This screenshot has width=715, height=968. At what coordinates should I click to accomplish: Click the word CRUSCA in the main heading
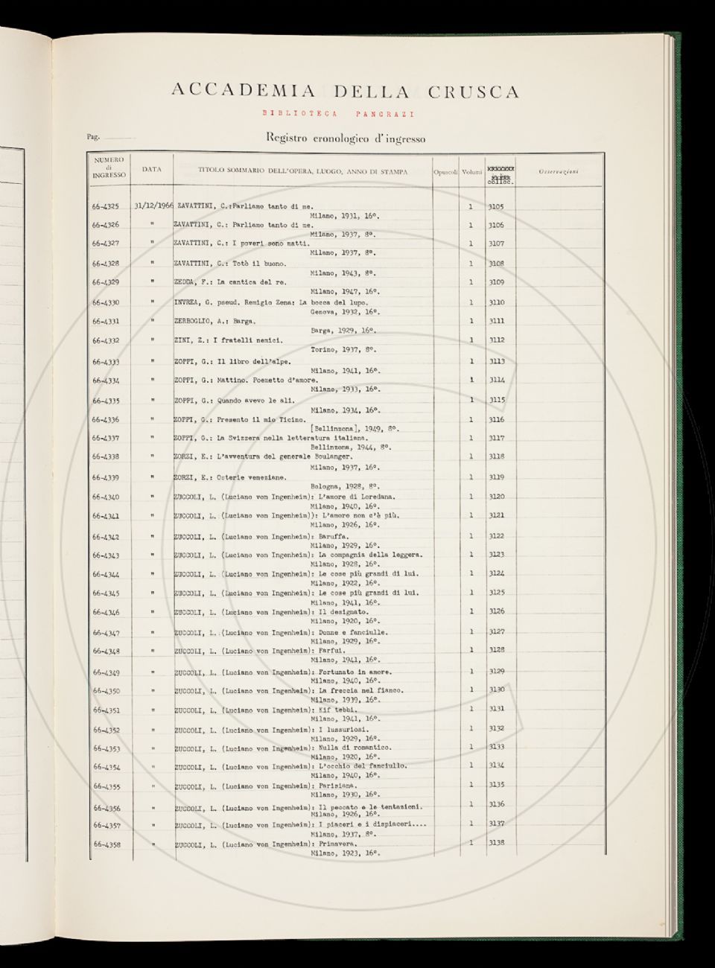point(473,92)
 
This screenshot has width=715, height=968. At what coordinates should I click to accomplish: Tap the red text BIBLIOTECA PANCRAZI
point(338,114)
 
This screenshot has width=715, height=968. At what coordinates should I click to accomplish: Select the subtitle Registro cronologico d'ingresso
point(346,138)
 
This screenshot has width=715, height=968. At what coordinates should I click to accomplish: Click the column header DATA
point(152,169)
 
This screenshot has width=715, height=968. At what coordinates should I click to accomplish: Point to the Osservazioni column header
point(559,172)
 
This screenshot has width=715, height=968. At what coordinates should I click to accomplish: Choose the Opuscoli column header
point(445,172)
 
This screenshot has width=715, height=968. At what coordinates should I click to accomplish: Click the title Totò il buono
point(261,264)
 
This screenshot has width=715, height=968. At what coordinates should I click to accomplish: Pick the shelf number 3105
point(496,206)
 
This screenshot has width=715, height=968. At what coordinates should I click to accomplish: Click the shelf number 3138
point(496,842)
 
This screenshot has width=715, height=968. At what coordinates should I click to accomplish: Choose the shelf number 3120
point(496,497)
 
